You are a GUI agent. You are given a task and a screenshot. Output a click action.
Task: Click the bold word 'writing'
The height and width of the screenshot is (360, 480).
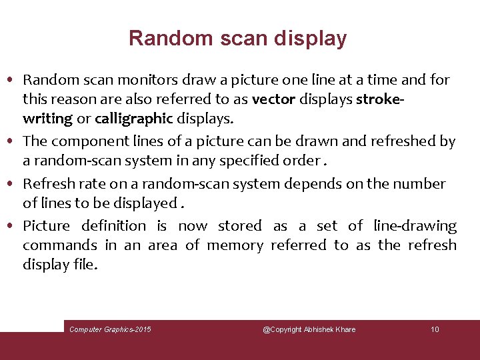tap(47, 119)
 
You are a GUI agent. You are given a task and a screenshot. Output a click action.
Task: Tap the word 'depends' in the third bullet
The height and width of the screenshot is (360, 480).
tap(308, 184)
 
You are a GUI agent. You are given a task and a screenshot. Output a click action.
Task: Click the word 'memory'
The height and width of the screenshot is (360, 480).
tap(235, 245)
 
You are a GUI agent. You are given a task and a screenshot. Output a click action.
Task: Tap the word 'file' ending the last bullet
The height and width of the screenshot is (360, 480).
tap(85, 265)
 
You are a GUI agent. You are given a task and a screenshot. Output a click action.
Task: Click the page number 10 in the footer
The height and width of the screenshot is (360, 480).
tap(435, 329)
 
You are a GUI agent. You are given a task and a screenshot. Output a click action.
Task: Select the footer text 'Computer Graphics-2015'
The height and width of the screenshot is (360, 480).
tap(110, 329)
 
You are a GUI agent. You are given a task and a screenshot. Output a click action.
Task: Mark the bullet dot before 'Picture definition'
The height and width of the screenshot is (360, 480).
tap(14, 227)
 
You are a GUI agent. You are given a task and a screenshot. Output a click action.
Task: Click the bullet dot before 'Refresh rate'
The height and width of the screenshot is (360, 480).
tap(14, 184)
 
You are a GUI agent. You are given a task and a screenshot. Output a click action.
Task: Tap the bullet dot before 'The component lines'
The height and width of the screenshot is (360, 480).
tap(14, 141)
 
